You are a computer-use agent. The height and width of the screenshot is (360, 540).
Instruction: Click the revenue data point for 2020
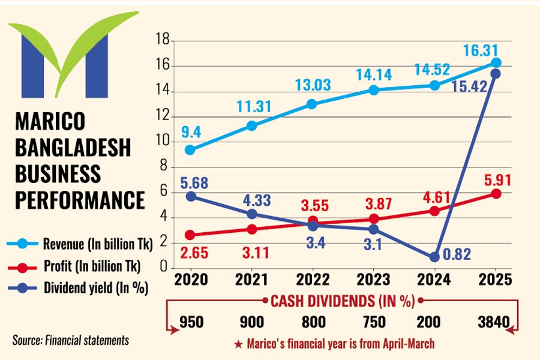190,149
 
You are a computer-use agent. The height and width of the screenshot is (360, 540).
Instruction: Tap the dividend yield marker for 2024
434,257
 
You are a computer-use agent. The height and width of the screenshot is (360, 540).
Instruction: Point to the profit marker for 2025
496,193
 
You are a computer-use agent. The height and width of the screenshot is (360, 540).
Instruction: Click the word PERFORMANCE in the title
79,199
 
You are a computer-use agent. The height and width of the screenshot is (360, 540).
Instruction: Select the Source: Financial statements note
71,340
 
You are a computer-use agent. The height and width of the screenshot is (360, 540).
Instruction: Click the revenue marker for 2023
373,90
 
